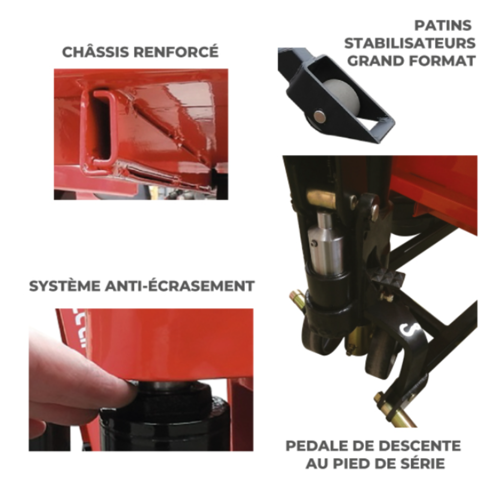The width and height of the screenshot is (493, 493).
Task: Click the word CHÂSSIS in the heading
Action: (96, 52)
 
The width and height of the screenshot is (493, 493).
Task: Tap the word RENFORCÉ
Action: (176, 52)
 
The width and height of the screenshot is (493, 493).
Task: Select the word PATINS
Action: (443, 26)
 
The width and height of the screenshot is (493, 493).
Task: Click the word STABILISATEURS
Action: (410, 43)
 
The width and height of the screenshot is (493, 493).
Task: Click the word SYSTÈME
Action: (65, 286)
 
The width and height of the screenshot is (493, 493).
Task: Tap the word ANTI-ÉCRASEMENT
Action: (180, 286)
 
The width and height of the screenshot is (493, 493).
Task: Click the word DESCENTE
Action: (418, 446)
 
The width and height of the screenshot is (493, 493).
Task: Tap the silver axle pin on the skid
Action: (320, 117)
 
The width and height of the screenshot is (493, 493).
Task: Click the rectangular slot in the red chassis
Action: (101, 128)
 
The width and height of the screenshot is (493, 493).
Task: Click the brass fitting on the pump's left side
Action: (297, 299)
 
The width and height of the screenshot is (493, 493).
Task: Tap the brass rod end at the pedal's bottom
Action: (398, 415)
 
